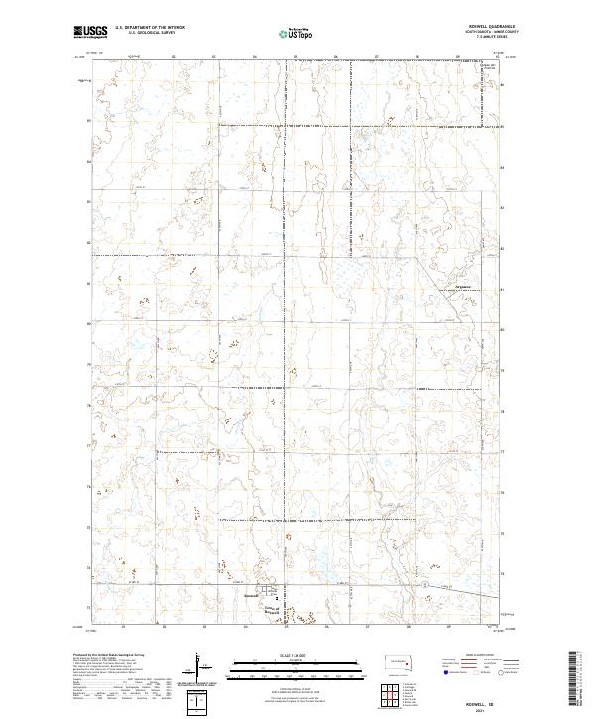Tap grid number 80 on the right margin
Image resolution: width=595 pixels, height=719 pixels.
pyautogui.click(x=502, y=323)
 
